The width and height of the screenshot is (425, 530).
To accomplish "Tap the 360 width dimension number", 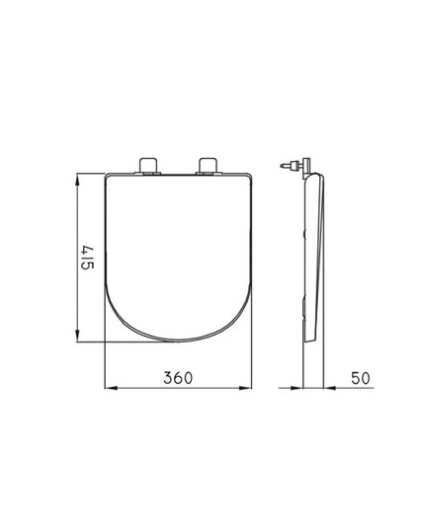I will (179, 377).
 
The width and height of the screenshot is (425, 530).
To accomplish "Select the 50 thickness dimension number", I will (359, 377).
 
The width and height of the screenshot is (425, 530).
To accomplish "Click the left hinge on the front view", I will (151, 164).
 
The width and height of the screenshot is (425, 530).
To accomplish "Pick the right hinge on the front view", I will (211, 164).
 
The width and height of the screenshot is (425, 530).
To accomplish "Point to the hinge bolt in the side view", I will (288, 167).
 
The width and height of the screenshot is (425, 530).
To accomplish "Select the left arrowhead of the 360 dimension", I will (109, 388).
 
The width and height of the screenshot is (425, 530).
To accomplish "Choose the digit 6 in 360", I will (179, 377).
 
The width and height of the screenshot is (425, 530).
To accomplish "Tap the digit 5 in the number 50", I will (353, 377).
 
